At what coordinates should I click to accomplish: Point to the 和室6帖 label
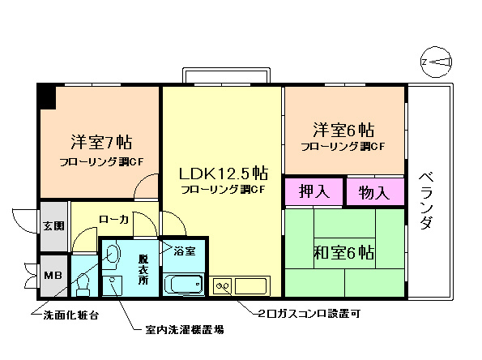coord(343,252)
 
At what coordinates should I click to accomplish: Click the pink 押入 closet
coord(314,192)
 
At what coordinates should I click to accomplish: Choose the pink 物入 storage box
coord(374,192)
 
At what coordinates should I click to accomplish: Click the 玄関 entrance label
coord(53,226)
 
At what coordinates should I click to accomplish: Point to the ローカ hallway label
coord(113,219)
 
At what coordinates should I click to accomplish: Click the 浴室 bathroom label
coord(184,251)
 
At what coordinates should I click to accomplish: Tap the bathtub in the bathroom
coord(185,285)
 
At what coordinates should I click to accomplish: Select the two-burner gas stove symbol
coord(223,285)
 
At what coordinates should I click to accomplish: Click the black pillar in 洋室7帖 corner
coord(46,96)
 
